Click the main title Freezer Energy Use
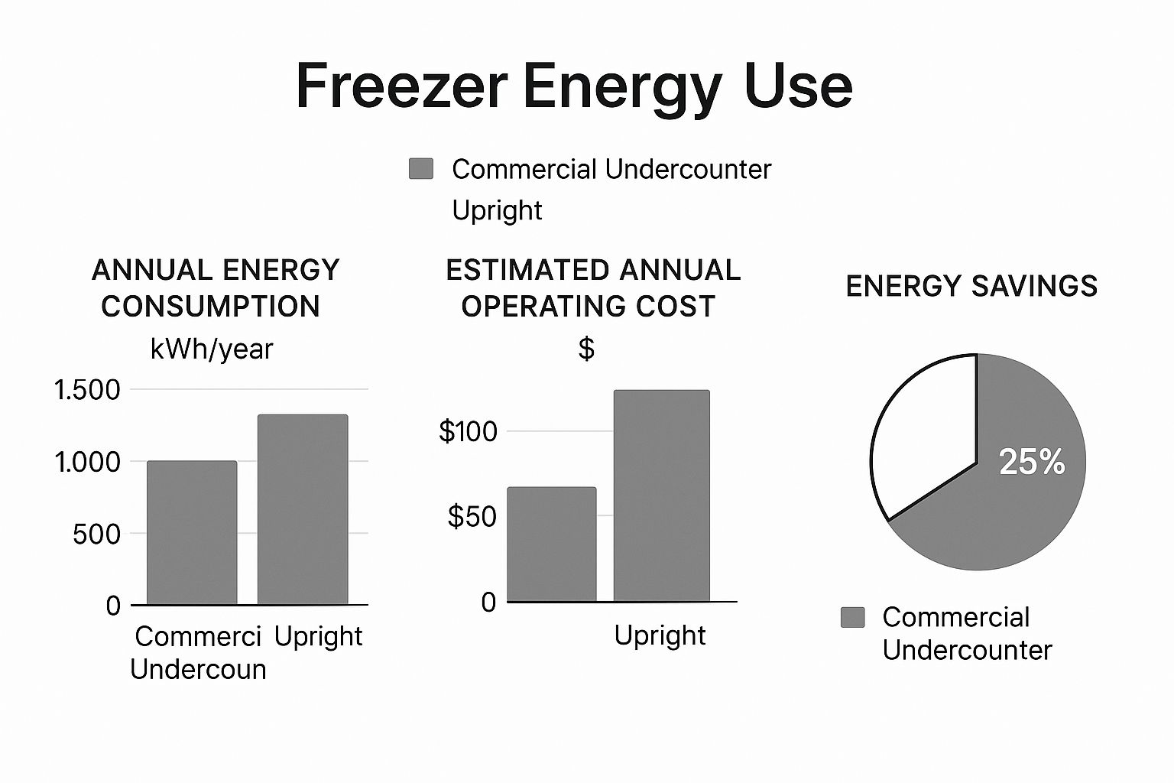click(573, 86)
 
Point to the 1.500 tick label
click(87, 390)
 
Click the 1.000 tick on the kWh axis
click(87, 462)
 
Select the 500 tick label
click(96, 534)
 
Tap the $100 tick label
click(468, 431)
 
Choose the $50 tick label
click(472, 517)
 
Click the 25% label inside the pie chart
click(1032, 462)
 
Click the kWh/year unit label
click(212, 349)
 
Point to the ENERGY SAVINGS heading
click(971, 286)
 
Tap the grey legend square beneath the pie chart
click(852, 617)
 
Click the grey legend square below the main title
click(421, 168)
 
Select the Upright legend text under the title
click(497, 210)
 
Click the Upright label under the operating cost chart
click(660, 635)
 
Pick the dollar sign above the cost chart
click(586, 349)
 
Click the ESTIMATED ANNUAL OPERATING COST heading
click(592, 288)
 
